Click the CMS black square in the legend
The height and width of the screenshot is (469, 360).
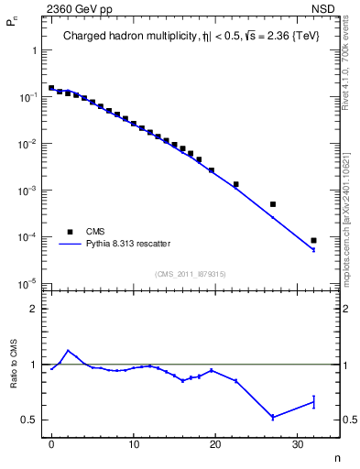pyautogui.click(x=70, y=232)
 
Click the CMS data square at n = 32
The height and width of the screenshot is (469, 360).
pyautogui.click(x=313, y=241)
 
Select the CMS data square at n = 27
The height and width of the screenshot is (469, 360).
pyautogui.click(x=273, y=204)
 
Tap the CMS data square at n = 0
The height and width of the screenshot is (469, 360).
pyautogui.click(x=51, y=88)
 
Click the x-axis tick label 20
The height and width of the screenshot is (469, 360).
pyautogui.click(x=215, y=445)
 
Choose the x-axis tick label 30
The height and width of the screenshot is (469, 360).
pyautogui.click(x=297, y=445)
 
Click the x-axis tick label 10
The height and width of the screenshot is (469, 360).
pyautogui.click(x=134, y=445)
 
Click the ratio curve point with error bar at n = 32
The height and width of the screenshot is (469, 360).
pyautogui.click(x=313, y=401)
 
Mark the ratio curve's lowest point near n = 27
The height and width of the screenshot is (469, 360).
pyautogui.click(x=273, y=417)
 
